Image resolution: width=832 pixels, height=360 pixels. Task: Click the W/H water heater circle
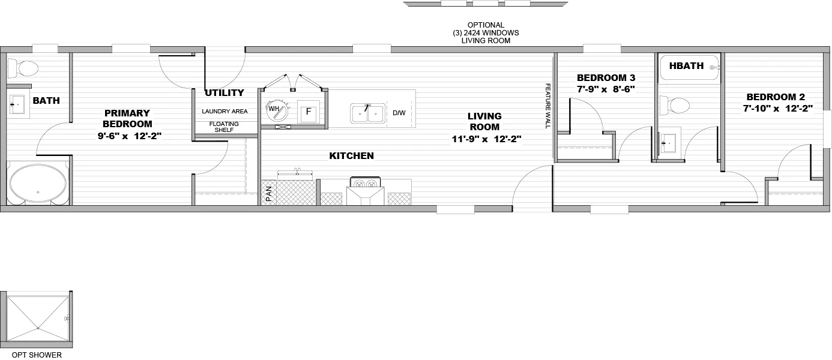coord(276,110)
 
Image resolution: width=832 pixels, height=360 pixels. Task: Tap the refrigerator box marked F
coord(309,112)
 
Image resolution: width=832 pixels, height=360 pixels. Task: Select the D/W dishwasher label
coord(399,113)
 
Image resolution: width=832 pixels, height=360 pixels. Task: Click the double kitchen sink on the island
coord(367,112)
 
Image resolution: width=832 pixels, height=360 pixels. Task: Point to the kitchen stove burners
coord(366,184)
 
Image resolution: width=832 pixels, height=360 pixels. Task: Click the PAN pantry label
coord(268,193)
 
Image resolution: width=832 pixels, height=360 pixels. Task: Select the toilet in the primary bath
coord(24,68)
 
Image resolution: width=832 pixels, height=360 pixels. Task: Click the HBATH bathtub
coord(689,67)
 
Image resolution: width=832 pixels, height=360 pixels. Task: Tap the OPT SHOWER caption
coord(37,355)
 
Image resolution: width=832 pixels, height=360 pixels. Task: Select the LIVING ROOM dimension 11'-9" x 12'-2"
coord(486,139)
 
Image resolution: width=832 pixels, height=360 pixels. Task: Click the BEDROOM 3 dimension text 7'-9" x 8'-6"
coord(605,89)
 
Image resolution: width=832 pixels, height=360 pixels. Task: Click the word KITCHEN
coord(351,156)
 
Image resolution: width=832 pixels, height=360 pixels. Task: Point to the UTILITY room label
coord(224,93)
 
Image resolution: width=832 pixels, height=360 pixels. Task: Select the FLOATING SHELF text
coord(224,127)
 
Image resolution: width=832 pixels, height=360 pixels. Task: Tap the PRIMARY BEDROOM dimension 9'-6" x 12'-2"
coord(130,136)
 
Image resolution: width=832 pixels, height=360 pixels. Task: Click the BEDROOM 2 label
coord(776,97)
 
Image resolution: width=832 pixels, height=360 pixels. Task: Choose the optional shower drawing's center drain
coord(37,328)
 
